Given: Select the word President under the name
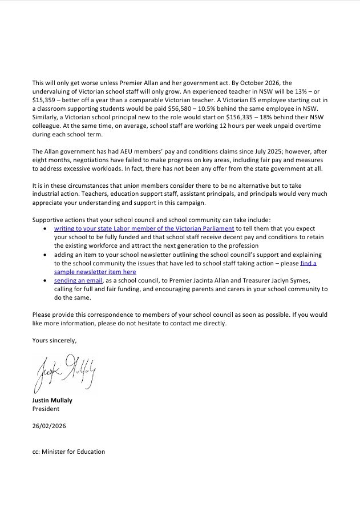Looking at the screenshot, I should [x=46, y=409].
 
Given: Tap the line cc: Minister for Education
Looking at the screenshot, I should [x=68, y=451].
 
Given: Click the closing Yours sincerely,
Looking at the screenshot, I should [x=54, y=340].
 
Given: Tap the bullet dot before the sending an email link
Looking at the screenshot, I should [x=46, y=280].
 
